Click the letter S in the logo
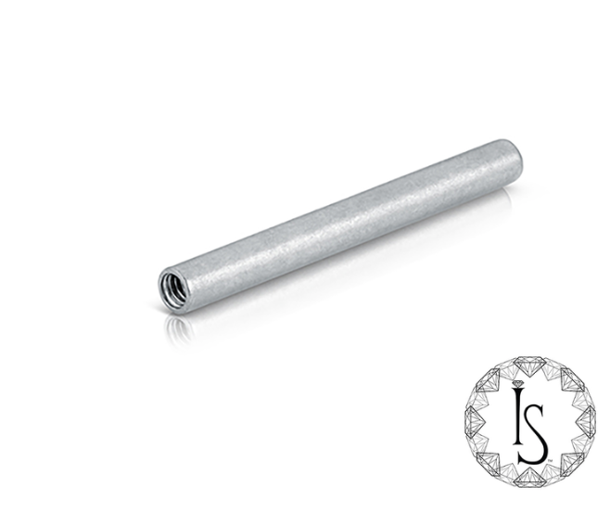click(533, 433)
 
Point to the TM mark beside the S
click(550, 461)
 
